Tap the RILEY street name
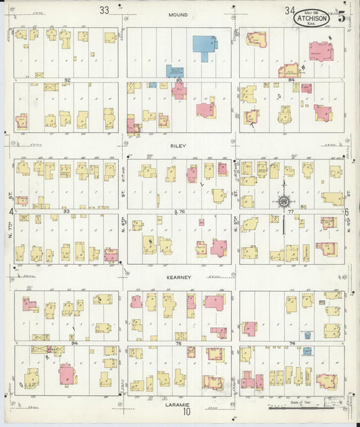click(x=178, y=145)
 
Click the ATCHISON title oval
click(x=312, y=18)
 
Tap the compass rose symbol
click(x=284, y=201)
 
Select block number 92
click(x=67, y=80)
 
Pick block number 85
click(x=180, y=80)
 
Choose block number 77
click(x=292, y=211)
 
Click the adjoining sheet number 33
click(x=103, y=10)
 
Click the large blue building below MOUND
click(x=204, y=45)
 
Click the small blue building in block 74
click(x=307, y=351)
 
